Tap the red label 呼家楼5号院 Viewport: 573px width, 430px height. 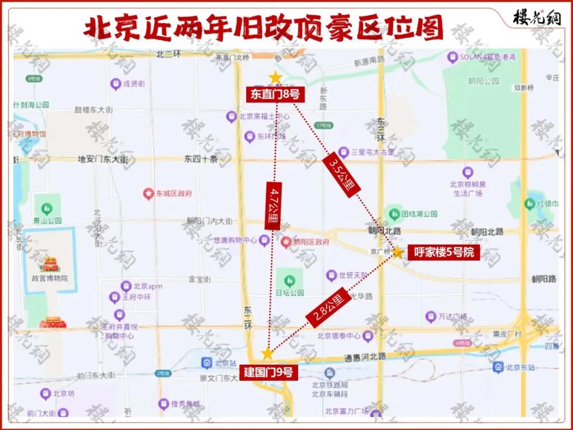coord(444,253)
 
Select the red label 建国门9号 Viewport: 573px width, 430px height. coord(268,372)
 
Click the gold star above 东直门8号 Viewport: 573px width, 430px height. coord(275,78)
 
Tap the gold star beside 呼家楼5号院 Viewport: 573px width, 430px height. coord(398,252)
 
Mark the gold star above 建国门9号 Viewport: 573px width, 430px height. coord(267,354)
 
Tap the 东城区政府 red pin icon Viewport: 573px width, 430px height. coord(149,194)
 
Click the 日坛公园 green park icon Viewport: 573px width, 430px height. coord(289,280)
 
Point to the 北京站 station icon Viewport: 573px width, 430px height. coord(207,363)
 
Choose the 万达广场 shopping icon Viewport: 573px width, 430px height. coord(431,317)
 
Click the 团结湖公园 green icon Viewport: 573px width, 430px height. coord(394,214)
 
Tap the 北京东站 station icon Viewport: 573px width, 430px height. coord(498,367)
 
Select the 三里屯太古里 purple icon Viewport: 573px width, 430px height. coord(343,152)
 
